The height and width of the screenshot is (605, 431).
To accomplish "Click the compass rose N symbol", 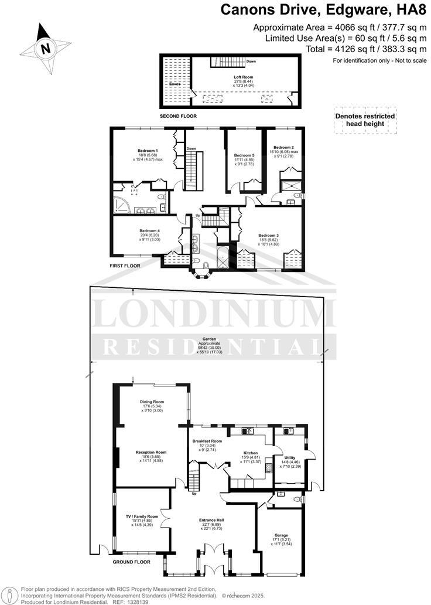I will pos(45,49).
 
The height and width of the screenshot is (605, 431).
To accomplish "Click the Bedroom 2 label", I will pos(283,147).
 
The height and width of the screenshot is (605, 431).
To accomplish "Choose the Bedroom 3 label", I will pos(269,235).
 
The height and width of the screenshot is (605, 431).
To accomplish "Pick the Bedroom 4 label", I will pos(149,230).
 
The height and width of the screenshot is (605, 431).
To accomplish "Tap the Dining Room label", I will pos(151,402).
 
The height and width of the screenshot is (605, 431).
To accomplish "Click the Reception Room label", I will pos(151,452).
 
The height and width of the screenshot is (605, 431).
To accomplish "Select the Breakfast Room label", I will pos(208,441).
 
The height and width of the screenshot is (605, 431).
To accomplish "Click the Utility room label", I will pos(289,457).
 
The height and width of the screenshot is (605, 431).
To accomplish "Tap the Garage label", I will pos(282,535).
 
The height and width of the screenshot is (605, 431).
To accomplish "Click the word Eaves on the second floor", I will pos(175,84).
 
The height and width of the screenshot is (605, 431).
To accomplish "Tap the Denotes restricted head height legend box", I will pos(364,120).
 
